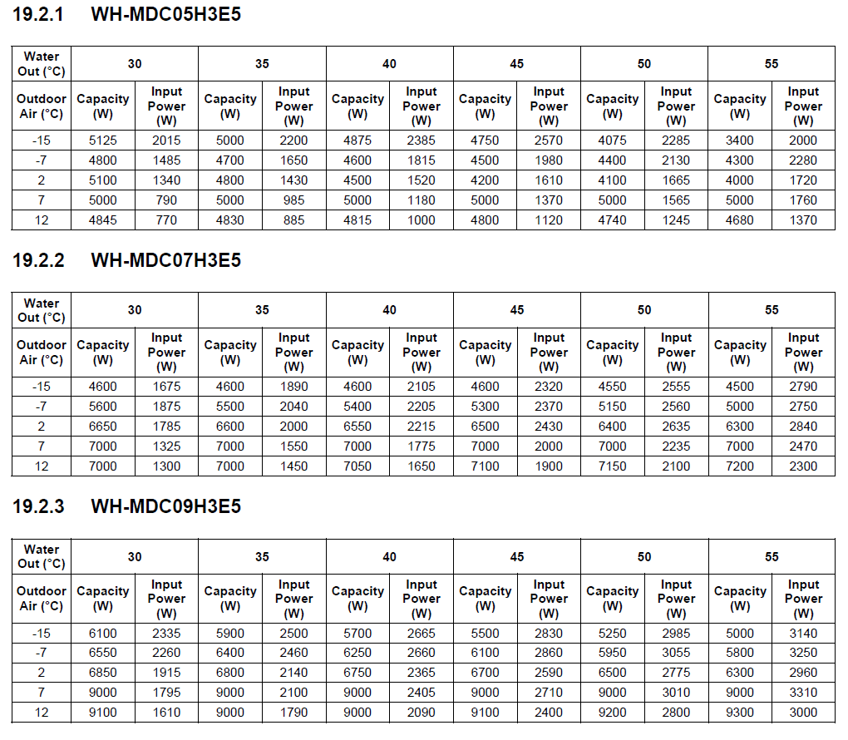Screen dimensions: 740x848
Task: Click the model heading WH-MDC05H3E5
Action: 165,14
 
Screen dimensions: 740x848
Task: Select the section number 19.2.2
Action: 38,260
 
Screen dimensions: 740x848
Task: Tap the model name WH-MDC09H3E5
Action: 165,506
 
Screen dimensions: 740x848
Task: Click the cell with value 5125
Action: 103,141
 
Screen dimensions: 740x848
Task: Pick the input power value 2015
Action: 166,141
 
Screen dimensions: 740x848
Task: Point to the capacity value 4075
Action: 612,141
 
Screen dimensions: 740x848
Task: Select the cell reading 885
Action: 293,220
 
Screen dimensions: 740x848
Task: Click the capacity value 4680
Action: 739,220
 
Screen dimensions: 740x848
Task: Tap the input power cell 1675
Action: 166,387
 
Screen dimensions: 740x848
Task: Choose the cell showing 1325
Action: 166,446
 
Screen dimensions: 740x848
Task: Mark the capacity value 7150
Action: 612,466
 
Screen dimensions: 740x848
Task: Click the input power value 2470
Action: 803,446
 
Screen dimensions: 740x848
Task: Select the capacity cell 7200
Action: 739,466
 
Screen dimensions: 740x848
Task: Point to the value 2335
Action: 166,633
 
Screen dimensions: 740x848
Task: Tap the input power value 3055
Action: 676,653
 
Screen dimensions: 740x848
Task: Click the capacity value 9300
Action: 739,713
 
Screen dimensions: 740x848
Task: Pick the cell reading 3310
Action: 803,693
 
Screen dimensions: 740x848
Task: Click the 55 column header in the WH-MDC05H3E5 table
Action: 772,64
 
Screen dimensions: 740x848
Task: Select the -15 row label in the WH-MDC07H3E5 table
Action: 42,387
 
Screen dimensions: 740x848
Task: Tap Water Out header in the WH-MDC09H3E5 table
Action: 42,556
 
